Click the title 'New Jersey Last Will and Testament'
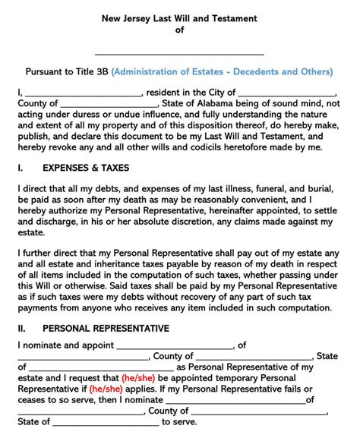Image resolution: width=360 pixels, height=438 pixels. [179, 16]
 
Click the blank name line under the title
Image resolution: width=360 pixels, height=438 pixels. [179, 52]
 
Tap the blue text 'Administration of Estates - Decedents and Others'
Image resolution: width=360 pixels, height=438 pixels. [222, 73]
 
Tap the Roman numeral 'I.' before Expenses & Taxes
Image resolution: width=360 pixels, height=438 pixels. [21, 166]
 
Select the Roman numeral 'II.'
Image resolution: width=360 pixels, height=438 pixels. [22, 328]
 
